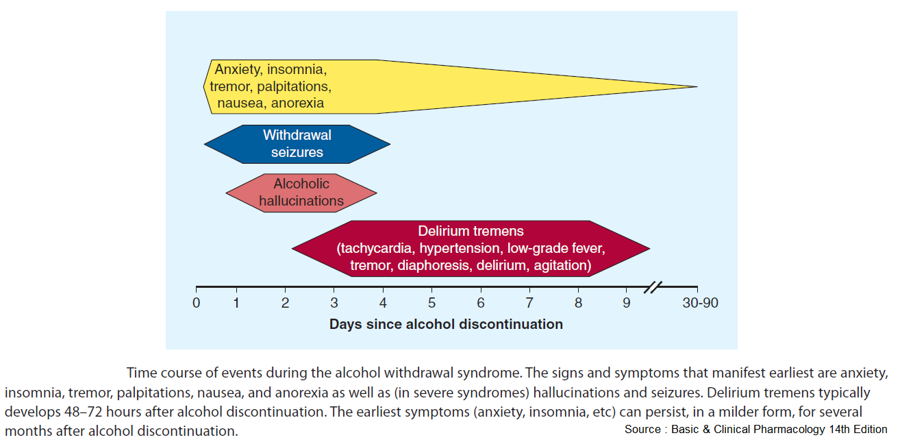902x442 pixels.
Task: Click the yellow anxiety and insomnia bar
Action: click(x=411, y=87)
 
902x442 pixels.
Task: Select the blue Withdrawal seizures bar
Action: click(x=297, y=144)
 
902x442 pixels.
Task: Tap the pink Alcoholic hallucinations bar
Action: click(x=301, y=193)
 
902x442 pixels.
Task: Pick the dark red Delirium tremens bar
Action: click(x=471, y=249)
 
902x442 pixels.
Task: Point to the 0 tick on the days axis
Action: click(x=196, y=303)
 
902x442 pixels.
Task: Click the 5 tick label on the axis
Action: click(x=431, y=303)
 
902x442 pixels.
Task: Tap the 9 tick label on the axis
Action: click(x=626, y=303)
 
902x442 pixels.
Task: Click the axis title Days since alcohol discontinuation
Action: click(x=446, y=324)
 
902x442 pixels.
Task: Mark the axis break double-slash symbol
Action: click(x=655, y=287)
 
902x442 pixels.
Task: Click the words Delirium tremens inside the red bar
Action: click(x=471, y=232)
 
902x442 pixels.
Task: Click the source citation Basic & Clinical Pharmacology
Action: click(x=755, y=430)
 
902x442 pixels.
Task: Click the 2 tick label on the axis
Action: click(x=286, y=303)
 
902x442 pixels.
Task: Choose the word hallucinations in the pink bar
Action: click(x=301, y=201)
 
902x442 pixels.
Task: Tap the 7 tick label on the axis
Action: click(x=529, y=303)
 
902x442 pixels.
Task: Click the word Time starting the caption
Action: click(x=140, y=373)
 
